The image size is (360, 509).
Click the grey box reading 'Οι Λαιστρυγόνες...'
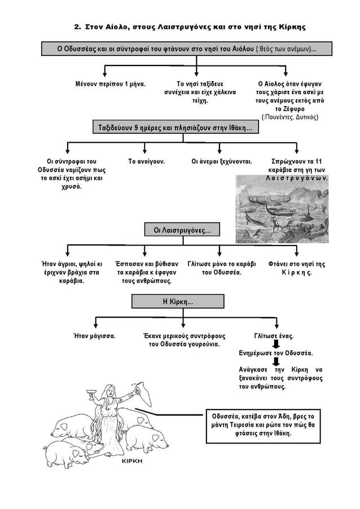click(x=182, y=230)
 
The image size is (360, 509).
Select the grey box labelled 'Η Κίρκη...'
click(x=178, y=301)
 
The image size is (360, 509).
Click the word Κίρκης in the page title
click(x=292, y=27)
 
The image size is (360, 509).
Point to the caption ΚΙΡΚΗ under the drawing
click(x=132, y=461)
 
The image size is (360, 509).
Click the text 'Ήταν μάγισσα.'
click(x=94, y=336)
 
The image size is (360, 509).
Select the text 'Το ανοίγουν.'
click(x=146, y=161)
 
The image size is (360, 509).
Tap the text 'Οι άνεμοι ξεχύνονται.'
click(x=222, y=161)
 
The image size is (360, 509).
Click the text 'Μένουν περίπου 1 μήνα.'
click(x=111, y=84)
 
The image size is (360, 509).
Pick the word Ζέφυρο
click(x=293, y=109)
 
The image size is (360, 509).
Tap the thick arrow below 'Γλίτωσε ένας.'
click(x=276, y=344)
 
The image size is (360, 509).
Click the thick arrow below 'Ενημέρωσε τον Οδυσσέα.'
click(x=276, y=361)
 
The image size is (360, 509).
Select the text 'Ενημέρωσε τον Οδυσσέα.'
click(x=276, y=353)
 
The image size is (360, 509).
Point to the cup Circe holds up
click(x=91, y=393)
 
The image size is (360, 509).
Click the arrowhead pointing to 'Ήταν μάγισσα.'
click(x=95, y=324)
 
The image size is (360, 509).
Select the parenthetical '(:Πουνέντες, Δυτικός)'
click(x=290, y=117)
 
